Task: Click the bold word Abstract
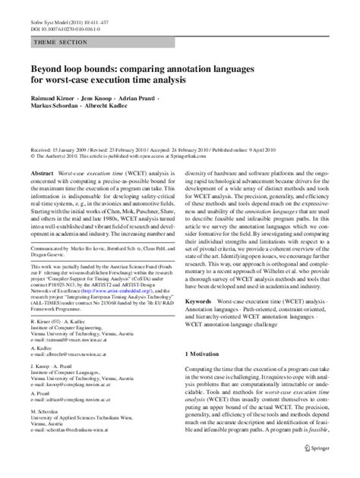(x=41, y=174)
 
